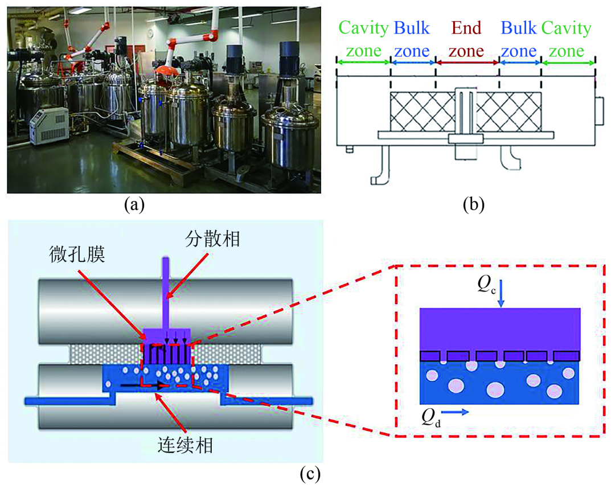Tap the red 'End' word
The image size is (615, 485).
point(466,28)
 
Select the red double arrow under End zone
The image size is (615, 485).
point(466,61)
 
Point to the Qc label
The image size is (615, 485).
point(488,286)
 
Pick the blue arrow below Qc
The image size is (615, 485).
point(501,296)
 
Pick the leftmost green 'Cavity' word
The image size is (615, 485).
point(363,28)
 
